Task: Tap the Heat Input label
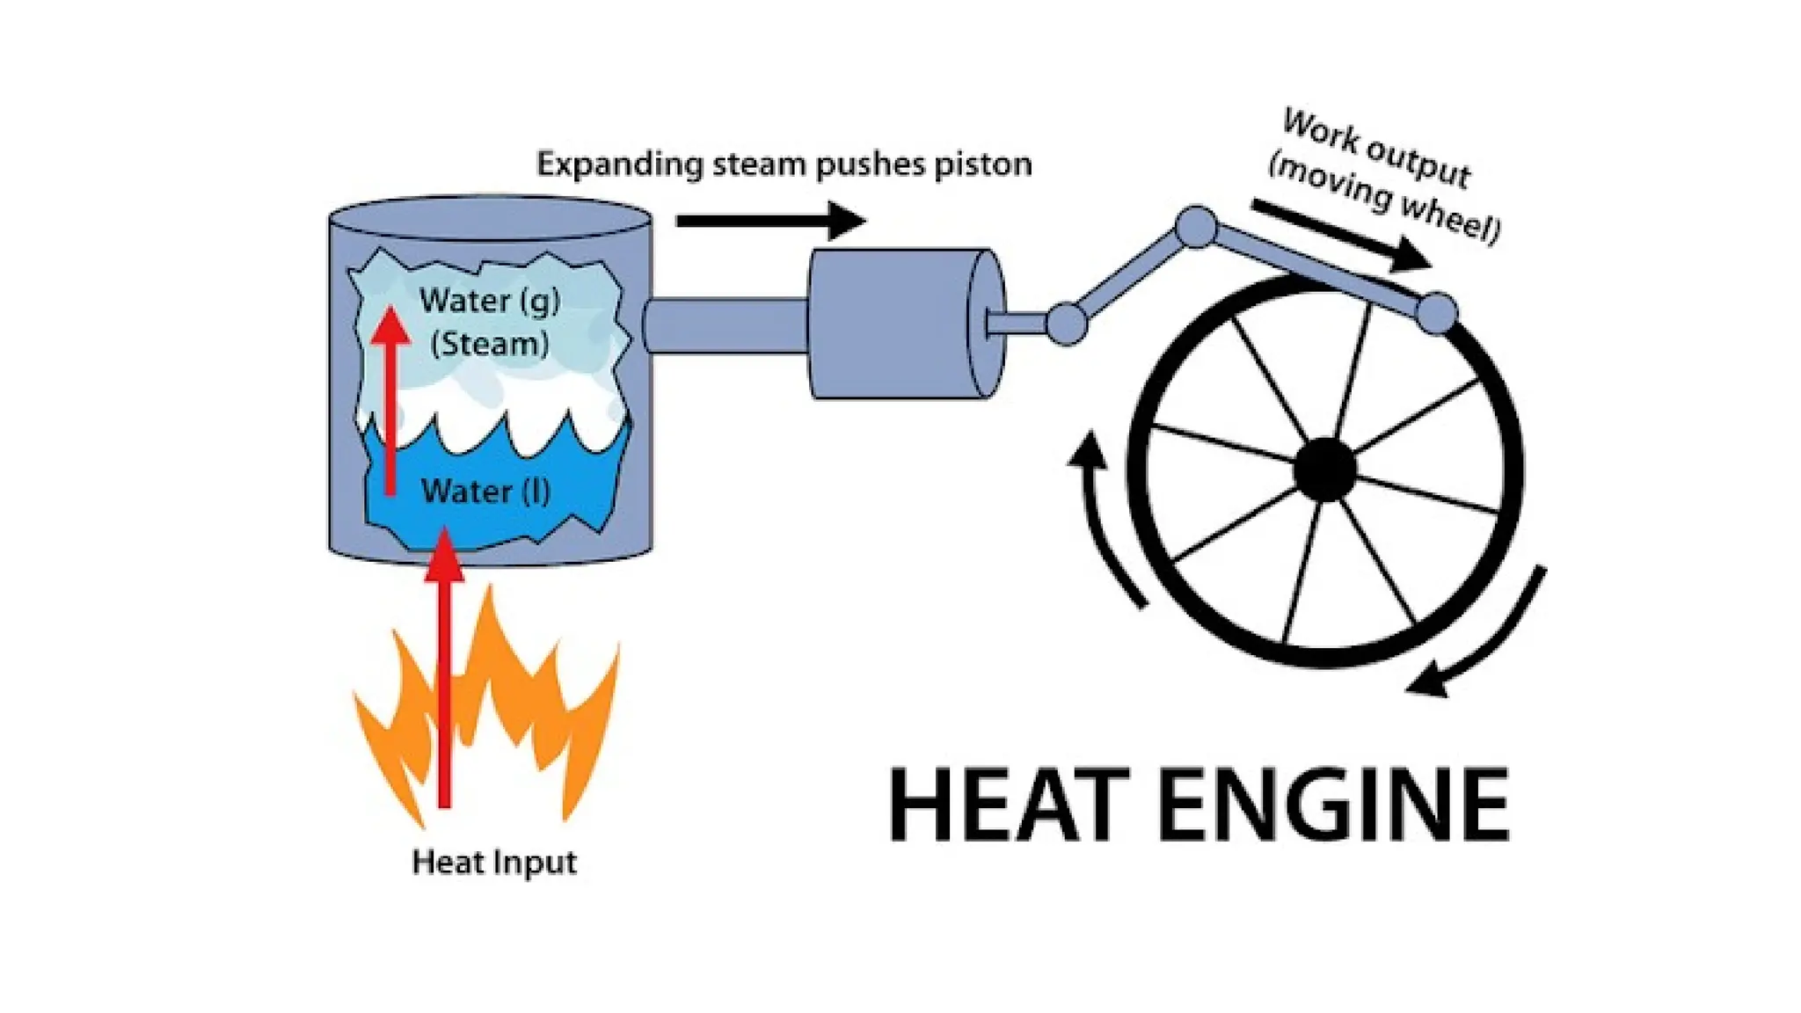tap(494, 862)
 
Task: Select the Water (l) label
tap(486, 491)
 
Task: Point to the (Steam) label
tap(490, 343)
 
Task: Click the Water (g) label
tap(490, 301)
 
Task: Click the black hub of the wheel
tap(1325, 470)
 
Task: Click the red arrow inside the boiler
tap(390, 396)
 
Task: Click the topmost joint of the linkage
tap(1196, 227)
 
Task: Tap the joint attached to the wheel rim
tap(1437, 311)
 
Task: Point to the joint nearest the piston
tap(1067, 323)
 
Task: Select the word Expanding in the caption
tap(620, 164)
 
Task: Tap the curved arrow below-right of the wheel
tap(1486, 642)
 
